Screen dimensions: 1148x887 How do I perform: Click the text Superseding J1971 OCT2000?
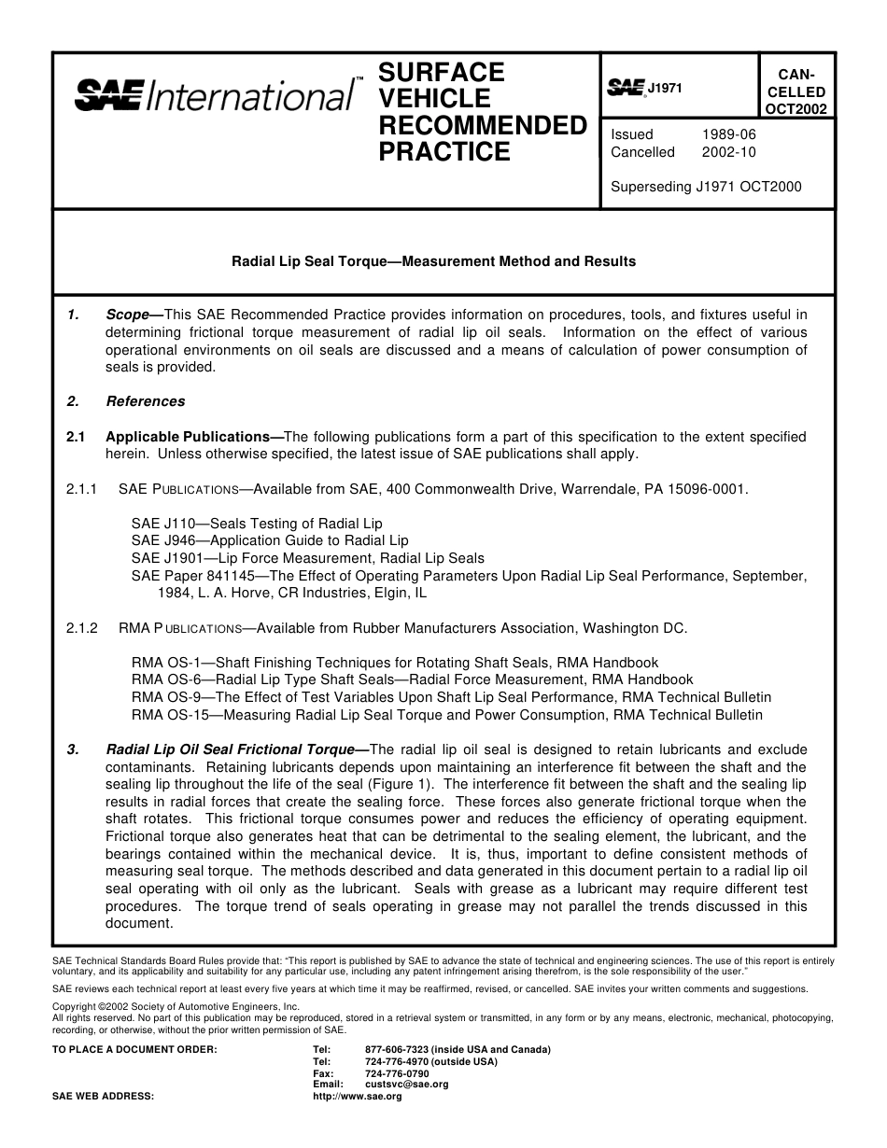[706, 186]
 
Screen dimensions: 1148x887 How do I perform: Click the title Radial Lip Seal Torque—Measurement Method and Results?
[433, 261]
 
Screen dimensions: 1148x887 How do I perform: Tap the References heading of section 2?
[145, 401]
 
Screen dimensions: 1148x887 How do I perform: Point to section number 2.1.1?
[81, 488]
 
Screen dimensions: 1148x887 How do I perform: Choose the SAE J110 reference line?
[257, 524]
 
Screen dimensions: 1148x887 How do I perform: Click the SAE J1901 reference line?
[307, 558]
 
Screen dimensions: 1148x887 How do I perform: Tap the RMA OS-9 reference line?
[451, 697]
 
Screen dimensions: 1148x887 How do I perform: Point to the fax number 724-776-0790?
[397, 1073]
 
